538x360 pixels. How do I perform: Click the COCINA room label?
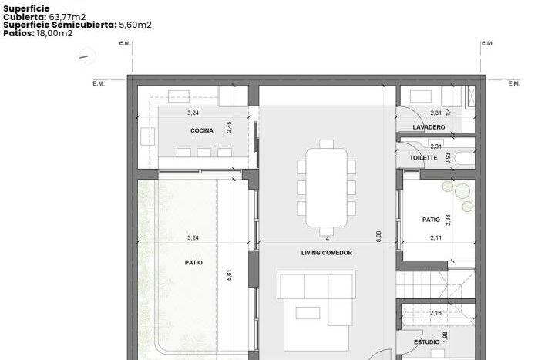[x=202, y=130]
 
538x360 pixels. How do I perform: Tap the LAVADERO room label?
[x=429, y=127]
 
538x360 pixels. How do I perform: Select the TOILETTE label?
[x=423, y=158]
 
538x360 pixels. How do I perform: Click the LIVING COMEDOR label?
[x=327, y=253]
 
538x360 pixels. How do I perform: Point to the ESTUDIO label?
[x=426, y=342]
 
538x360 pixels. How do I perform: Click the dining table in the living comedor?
[x=326, y=187]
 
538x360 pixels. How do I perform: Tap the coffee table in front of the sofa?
[x=308, y=313]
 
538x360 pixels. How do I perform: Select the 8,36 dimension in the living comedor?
[x=378, y=237]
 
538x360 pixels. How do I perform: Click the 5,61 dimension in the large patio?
[x=229, y=275]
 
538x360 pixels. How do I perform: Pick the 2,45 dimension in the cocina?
[x=229, y=127]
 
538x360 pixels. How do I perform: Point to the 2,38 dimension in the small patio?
[x=448, y=220]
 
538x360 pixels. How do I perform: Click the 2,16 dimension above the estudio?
[x=435, y=313]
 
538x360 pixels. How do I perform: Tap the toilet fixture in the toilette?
[x=465, y=158]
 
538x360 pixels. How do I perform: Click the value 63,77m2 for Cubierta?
[x=67, y=17]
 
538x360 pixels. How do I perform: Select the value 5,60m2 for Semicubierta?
[x=135, y=25]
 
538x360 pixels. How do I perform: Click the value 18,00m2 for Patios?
[x=55, y=33]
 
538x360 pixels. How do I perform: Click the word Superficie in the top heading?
[x=26, y=8]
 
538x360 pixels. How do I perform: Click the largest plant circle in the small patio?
[x=463, y=191]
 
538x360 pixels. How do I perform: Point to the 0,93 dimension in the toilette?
[x=448, y=158]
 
